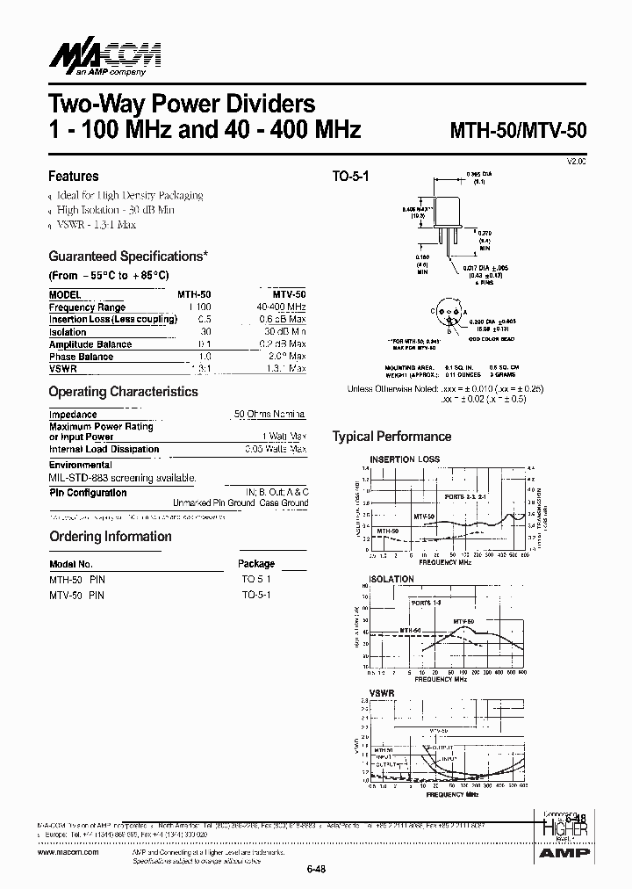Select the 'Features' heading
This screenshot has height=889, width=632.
73,176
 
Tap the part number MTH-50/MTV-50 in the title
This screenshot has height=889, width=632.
518,131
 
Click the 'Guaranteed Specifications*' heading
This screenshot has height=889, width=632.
128,257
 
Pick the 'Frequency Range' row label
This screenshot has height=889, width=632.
87,307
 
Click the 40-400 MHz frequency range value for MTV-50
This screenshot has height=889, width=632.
281,307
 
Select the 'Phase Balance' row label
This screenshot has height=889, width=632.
81,357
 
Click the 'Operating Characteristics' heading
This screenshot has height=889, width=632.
123,392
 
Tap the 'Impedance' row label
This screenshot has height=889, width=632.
73,414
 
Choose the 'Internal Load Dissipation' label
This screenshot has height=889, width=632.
104,449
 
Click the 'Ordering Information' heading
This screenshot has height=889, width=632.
110,537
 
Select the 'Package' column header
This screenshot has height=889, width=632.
256,564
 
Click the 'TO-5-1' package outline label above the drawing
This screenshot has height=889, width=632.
350,176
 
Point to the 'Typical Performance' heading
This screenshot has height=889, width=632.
391,437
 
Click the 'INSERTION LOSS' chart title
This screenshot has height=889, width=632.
405,459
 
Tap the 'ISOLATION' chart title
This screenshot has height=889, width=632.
391,580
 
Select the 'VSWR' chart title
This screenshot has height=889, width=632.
382,693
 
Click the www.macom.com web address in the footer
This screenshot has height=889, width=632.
69,852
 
